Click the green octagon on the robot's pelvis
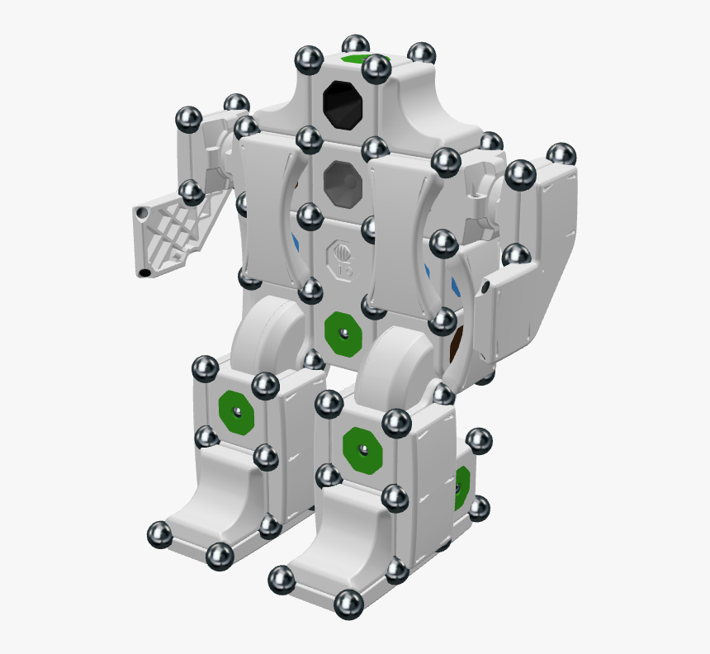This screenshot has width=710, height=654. (343, 332)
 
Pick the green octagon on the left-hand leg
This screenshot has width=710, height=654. (236, 410)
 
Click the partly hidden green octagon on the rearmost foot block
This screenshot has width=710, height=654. (461, 486)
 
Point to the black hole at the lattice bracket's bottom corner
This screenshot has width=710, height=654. (144, 272)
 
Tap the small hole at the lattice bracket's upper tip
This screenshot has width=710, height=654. (144, 213)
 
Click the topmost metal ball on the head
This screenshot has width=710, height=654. (356, 46)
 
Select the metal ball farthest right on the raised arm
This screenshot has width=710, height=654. (561, 154)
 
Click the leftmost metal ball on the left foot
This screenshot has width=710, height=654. (159, 534)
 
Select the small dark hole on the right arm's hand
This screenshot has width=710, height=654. (486, 286)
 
